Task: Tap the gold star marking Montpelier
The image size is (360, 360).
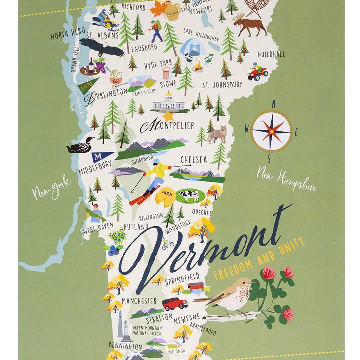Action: click(168, 116)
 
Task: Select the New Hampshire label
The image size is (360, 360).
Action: click(286, 180)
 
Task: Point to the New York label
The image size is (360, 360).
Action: click(51, 187)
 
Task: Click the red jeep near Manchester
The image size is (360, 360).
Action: click(175, 303)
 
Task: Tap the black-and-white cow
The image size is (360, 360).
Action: click(189, 196)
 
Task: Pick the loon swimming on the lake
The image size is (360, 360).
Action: click(80, 145)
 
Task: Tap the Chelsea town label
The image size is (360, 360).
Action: click(193, 159)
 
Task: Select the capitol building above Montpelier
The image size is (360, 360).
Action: click(168, 102)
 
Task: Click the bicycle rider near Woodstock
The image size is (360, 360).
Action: click(168, 244)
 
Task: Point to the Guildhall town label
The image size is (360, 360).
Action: click(271, 54)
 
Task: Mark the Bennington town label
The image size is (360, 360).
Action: click(126, 346)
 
